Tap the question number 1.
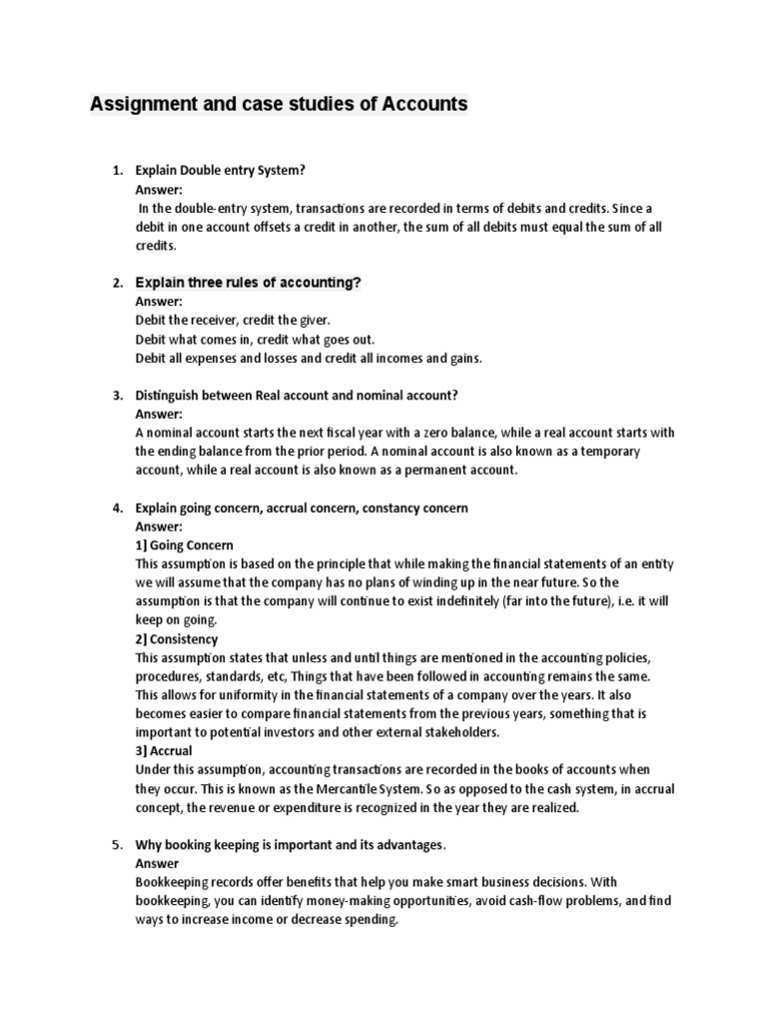[117, 171]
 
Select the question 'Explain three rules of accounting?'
[248, 283]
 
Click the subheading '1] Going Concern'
[184, 545]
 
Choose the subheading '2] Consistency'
[176, 638]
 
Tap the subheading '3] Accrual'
[164, 751]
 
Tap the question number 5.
[117, 845]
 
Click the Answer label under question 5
[158, 864]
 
